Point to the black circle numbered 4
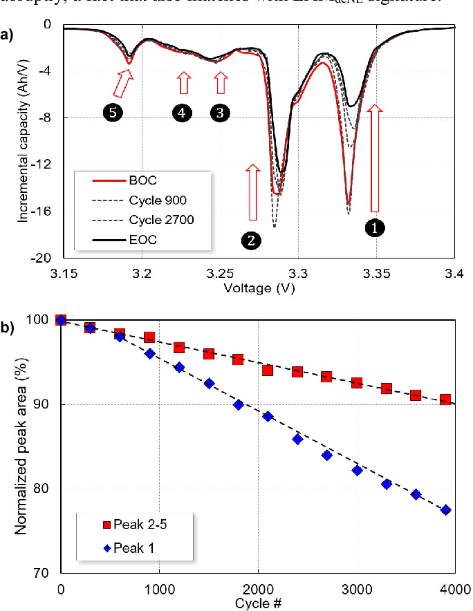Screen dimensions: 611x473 pyautogui.click(x=182, y=114)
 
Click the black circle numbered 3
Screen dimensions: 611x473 pyautogui.click(x=219, y=114)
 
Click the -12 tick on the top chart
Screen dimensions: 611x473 pyautogui.click(x=46, y=164)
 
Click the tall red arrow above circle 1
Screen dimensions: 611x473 pyautogui.click(x=374, y=159)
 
